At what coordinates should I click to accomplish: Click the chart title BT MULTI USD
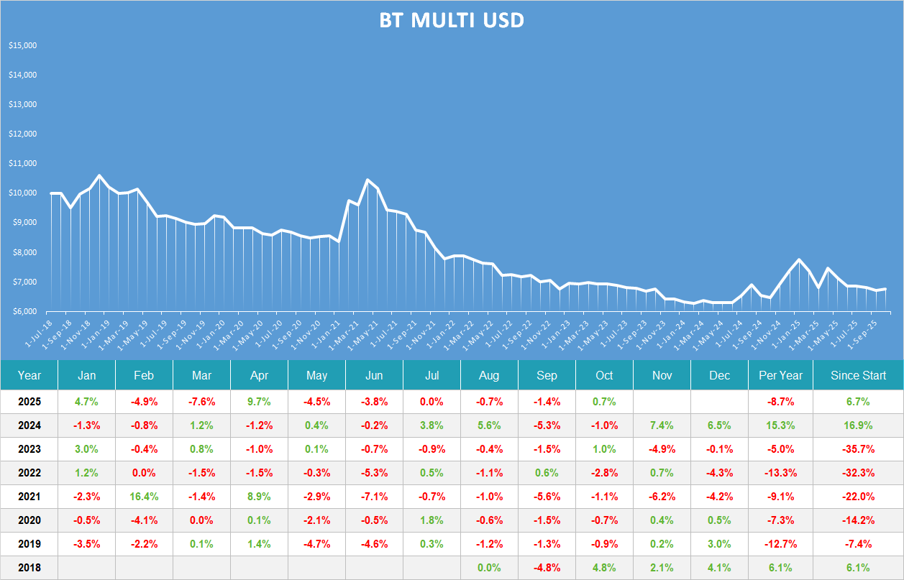click(452, 21)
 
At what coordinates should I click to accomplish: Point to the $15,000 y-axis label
click(22, 45)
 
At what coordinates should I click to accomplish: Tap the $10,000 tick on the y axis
click(22, 193)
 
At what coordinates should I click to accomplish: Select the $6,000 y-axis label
click(22, 311)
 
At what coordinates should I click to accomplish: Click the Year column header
click(29, 375)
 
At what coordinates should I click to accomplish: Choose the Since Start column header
click(858, 375)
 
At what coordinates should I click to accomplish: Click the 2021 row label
click(29, 497)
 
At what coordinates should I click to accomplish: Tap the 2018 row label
click(29, 568)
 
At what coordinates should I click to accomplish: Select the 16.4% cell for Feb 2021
click(144, 497)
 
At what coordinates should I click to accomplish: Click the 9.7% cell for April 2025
click(259, 402)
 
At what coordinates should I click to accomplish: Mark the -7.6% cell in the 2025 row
click(201, 402)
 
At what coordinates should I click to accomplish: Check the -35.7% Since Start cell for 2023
click(858, 449)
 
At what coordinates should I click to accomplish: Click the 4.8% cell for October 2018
click(604, 568)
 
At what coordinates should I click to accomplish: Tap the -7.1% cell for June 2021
click(374, 497)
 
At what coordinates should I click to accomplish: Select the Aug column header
click(489, 375)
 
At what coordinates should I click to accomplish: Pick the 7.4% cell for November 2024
click(662, 425)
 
